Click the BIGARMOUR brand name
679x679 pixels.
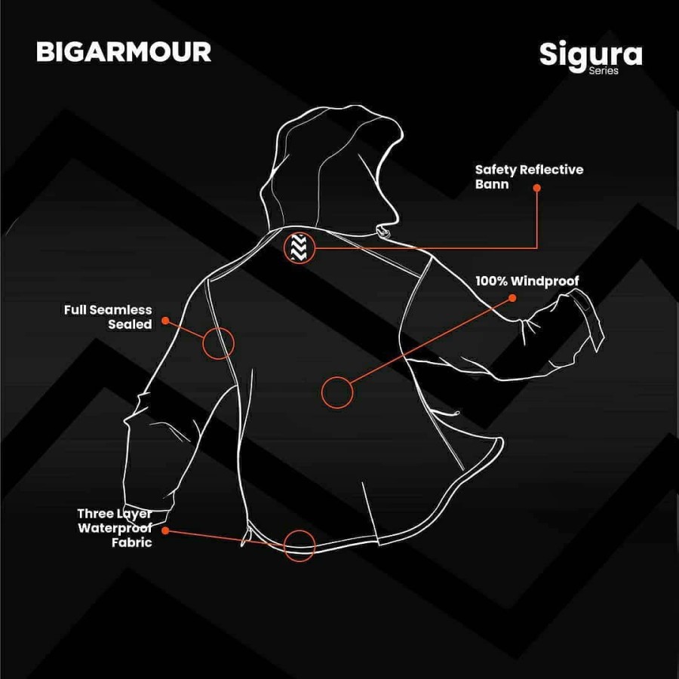coord(124,51)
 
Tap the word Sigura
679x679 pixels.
coord(590,54)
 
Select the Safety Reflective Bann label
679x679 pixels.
coord(528,177)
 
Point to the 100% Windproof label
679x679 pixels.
coord(527,281)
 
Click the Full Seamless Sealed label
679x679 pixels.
coord(108,317)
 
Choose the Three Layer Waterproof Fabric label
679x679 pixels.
coord(115,527)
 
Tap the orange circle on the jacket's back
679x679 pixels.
coord(337,392)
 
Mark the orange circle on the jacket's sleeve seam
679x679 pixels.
coord(219,343)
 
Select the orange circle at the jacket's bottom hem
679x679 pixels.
coord(299,545)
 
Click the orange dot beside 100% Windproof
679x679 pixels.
coord(513,297)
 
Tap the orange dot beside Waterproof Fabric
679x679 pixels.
coord(165,530)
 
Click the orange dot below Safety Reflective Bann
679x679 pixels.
coord(538,190)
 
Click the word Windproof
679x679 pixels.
coord(544,281)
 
